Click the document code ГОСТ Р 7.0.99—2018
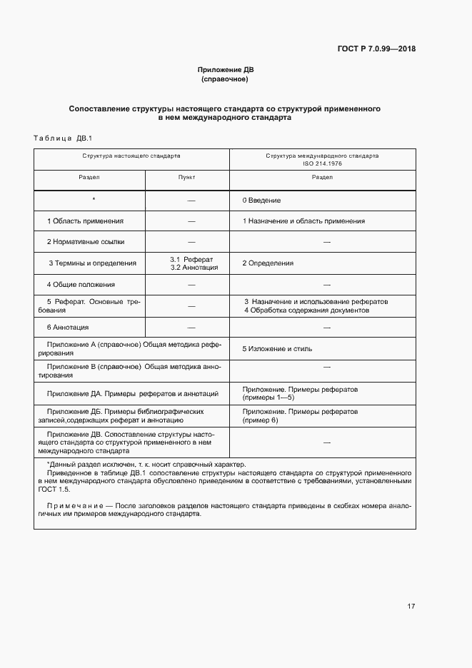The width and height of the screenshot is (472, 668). pyautogui.click(x=376, y=49)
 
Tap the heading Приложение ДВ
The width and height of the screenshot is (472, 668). pyautogui.click(x=225, y=70)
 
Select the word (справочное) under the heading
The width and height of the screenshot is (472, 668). pyautogui.click(x=225, y=79)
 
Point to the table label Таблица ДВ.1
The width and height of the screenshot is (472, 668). pyautogui.click(x=63, y=138)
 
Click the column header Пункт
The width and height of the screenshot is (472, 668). pyautogui.click(x=186, y=177)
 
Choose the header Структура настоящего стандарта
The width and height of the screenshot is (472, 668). pyautogui.click(x=131, y=155)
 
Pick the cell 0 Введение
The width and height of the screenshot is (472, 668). pyautogui.click(x=261, y=201)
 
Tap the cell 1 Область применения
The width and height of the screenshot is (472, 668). pyautogui.click(x=85, y=221)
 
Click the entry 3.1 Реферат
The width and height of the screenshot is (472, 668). pyautogui.click(x=187, y=259)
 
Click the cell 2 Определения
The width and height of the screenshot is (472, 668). pyautogui.click(x=268, y=263)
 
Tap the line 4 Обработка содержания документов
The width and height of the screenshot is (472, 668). pyautogui.click(x=307, y=310)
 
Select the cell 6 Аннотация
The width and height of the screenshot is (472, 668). pyautogui.click(x=68, y=327)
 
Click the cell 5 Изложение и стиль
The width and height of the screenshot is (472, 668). pyautogui.click(x=277, y=349)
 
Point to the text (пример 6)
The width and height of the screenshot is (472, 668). pyautogui.click(x=261, y=420)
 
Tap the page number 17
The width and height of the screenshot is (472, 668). pyautogui.click(x=411, y=606)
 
